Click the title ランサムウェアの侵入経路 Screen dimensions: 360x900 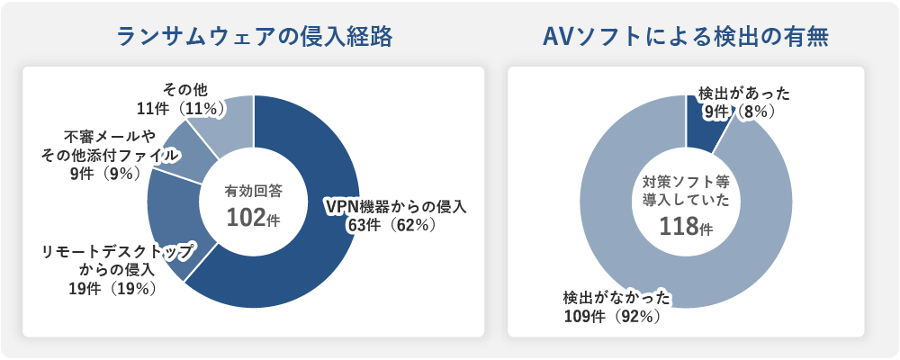[255, 38]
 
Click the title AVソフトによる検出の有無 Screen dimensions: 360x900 [686, 38]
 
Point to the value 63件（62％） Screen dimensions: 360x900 [392, 225]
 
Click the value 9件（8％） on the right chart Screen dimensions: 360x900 [744, 112]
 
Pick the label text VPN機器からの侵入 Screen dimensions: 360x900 [395, 206]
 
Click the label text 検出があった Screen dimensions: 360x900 [744, 93]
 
